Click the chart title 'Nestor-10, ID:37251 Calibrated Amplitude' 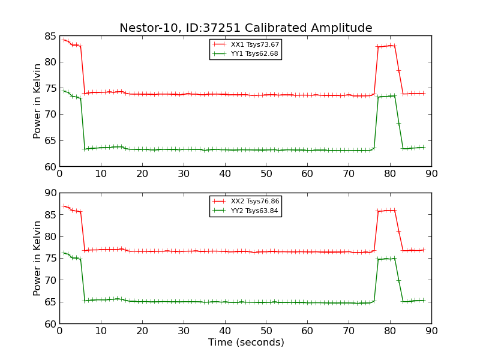pos(245,28)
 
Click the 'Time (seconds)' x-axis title pos(246,343)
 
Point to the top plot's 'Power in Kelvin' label pos(38,101)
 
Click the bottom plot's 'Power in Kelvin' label pos(38,258)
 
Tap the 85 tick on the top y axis pos(49,36)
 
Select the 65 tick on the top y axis pos(49,140)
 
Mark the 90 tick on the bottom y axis pos(49,193)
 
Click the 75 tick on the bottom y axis pos(49,259)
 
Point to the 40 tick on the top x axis pos(225,174)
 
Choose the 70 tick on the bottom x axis pos(349,331)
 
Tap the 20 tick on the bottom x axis pos(142,331)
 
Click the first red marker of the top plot pos(64,40)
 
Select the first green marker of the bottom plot pos(64,253)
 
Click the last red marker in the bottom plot pos(423,250)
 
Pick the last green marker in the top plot pos(423,147)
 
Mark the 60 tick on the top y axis pos(49,167)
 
